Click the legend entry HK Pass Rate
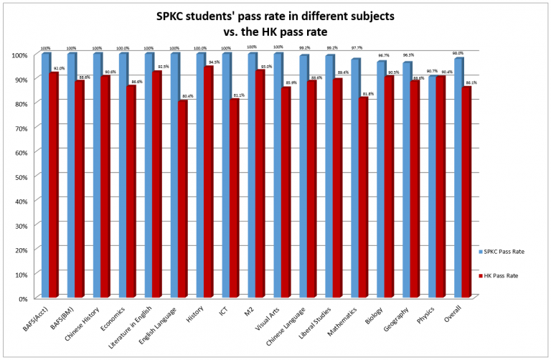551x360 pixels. [500, 275]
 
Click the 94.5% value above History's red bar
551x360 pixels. [214, 62]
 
